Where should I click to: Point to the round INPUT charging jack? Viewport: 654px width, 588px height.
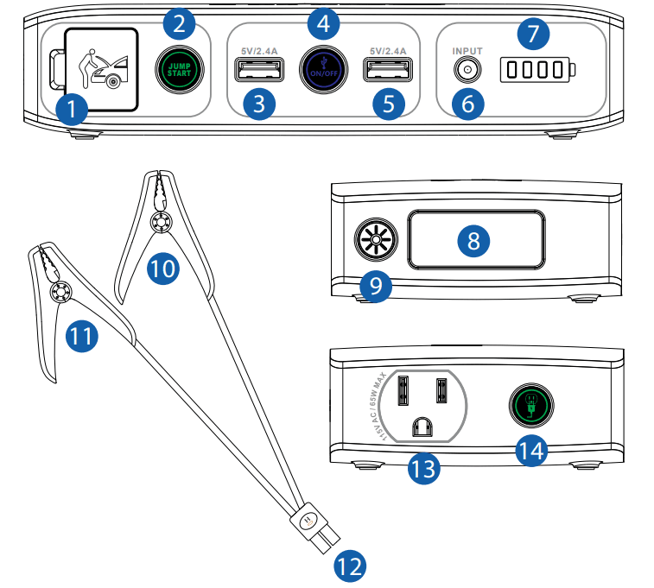point(467,72)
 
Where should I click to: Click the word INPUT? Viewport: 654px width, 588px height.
point(467,52)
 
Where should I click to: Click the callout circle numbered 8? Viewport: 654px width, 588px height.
point(473,241)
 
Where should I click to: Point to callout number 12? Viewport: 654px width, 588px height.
point(350,566)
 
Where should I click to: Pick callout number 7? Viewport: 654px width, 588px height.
point(532,35)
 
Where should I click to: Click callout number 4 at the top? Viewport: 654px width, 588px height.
point(322,24)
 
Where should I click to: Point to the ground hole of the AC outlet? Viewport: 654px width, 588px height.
point(422,425)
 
